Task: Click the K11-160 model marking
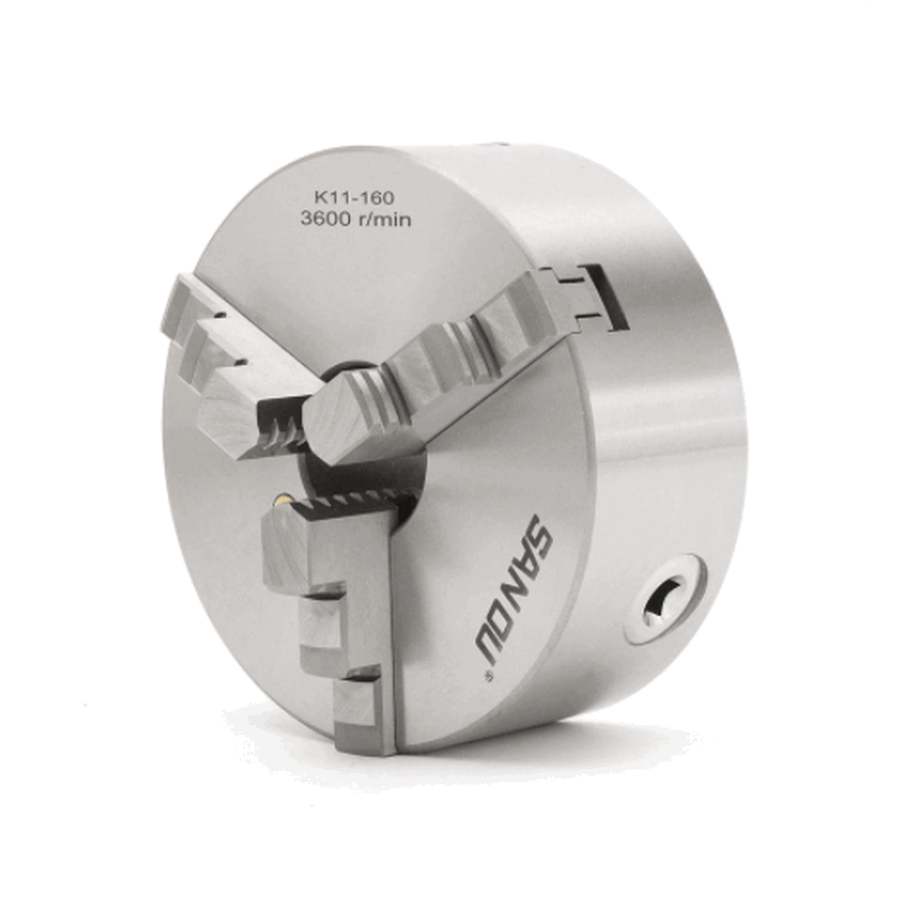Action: pyautogui.click(x=354, y=198)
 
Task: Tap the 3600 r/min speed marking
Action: pyautogui.click(x=355, y=220)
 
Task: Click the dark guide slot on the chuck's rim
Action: pyautogui.click(x=610, y=295)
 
